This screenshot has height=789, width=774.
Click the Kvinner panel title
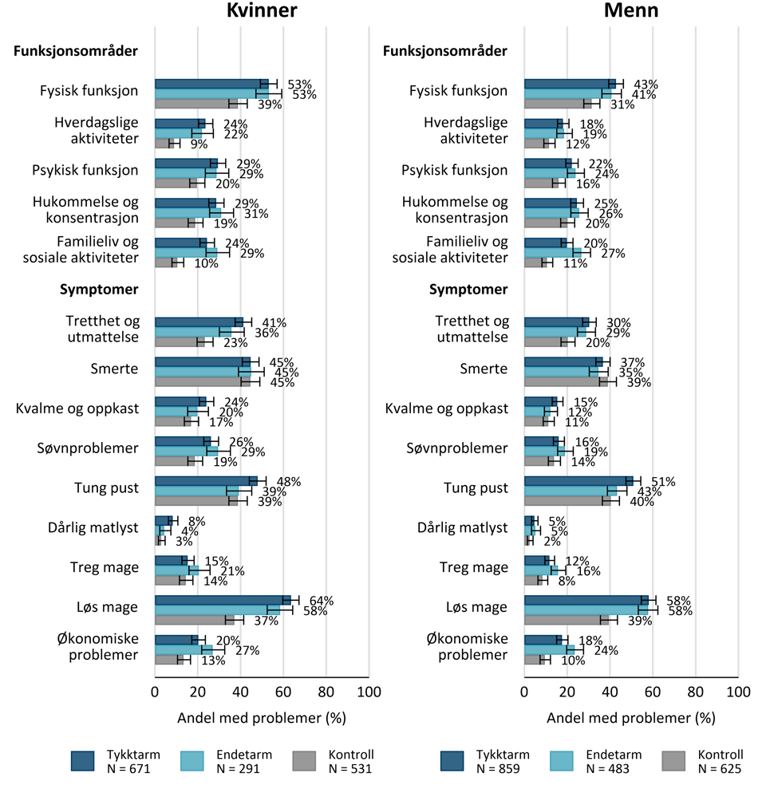click(x=262, y=10)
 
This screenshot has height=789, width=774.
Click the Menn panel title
click(x=631, y=10)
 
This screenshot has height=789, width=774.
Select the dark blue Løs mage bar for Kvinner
click(x=223, y=600)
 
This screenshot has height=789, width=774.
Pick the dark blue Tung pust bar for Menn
click(x=579, y=481)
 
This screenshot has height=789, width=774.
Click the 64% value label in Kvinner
click(x=322, y=601)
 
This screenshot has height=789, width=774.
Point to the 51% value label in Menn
click(x=663, y=482)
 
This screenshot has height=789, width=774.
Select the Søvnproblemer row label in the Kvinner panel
click(x=88, y=448)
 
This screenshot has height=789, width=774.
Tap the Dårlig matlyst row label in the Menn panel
click(x=463, y=527)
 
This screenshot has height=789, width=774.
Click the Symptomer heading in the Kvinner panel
click(x=99, y=290)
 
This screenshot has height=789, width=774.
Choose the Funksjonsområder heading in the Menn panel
click(x=445, y=51)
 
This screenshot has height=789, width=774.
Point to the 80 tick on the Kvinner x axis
click(x=326, y=692)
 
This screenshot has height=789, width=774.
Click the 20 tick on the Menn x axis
click(x=567, y=692)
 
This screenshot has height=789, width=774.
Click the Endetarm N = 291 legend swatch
click(x=192, y=761)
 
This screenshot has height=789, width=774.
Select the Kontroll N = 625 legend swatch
click(x=673, y=761)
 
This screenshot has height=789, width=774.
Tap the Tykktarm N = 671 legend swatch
click(x=82, y=761)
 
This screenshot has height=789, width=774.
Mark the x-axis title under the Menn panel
click(x=631, y=718)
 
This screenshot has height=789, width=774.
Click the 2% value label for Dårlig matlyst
click(x=552, y=541)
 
